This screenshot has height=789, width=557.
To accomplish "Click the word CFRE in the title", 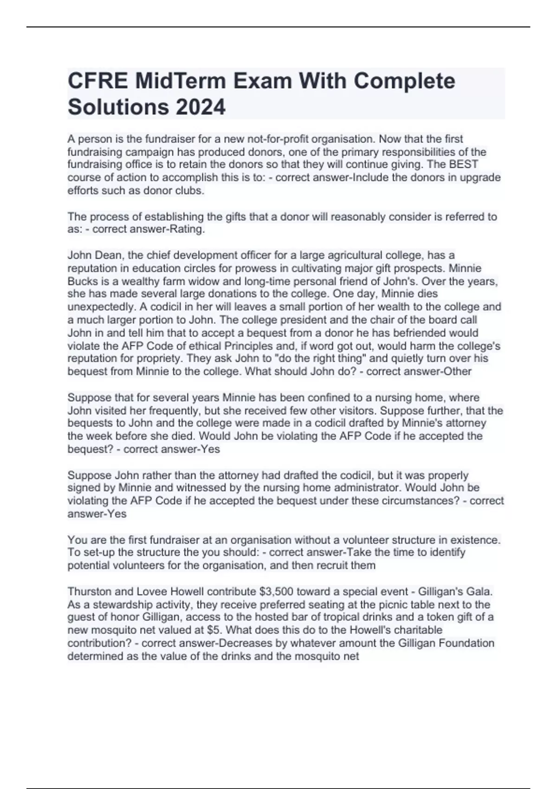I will pos(97,81).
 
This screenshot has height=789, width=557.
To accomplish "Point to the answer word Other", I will pos(458,371).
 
